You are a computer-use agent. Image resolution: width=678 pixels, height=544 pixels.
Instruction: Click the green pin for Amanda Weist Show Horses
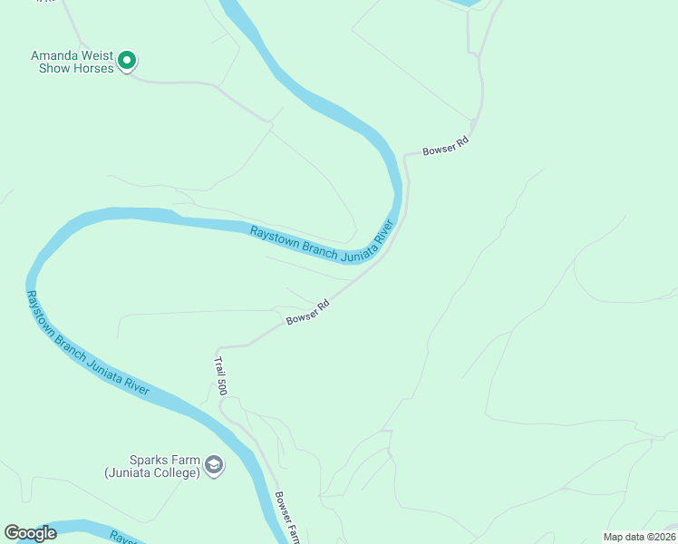point(128,61)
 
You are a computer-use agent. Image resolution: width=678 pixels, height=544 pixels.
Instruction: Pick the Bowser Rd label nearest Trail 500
point(307,312)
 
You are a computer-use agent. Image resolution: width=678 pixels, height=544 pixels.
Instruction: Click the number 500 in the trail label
point(220,386)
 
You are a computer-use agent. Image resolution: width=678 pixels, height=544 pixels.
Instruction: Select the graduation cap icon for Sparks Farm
point(213,465)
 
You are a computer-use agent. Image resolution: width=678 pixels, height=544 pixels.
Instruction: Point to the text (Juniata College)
point(151,472)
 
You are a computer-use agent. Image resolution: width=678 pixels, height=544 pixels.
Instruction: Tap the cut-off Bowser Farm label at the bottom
point(287,519)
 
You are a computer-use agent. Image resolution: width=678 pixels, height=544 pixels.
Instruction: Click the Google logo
point(31,533)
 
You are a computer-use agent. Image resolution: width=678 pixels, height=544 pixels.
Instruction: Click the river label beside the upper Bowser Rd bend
point(324,243)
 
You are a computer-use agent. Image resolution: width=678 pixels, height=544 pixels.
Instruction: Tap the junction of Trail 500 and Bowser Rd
point(218,347)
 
